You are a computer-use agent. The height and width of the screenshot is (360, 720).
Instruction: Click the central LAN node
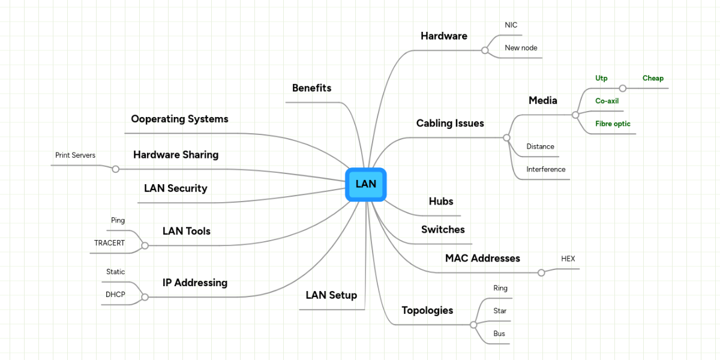[x=365, y=184]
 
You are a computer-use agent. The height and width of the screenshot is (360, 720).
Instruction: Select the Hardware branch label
[x=443, y=36]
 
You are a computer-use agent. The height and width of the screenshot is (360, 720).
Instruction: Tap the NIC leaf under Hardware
[x=511, y=25]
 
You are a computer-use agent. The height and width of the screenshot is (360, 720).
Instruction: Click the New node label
[x=521, y=48]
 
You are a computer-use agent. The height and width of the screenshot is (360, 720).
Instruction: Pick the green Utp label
[x=601, y=79]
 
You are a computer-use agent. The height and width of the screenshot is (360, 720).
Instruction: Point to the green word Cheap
[x=653, y=79]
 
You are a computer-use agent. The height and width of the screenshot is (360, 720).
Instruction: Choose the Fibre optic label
[x=613, y=124]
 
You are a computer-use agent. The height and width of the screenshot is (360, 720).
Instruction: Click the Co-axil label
[x=607, y=101]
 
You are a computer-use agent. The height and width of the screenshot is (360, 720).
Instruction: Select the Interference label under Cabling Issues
[x=545, y=170]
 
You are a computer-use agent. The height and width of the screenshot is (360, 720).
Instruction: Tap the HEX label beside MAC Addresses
[x=568, y=259]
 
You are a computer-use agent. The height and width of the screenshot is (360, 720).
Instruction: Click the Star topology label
[x=500, y=311]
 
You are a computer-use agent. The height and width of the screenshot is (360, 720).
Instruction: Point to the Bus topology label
[x=499, y=334]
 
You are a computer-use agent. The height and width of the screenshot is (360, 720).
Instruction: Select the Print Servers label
[x=75, y=155]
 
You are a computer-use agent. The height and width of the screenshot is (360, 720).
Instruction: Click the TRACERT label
[x=109, y=244]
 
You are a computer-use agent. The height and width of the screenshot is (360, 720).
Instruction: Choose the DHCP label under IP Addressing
[x=115, y=295]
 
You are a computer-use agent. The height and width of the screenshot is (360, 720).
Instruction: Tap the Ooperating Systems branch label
[x=179, y=119]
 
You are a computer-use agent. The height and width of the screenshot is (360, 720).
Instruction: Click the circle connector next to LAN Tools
[x=144, y=245]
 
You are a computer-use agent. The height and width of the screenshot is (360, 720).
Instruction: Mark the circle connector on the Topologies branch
[x=473, y=325]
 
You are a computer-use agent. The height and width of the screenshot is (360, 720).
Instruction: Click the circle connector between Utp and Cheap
[x=623, y=88]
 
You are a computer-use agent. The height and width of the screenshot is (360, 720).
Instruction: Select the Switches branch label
[x=443, y=230]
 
